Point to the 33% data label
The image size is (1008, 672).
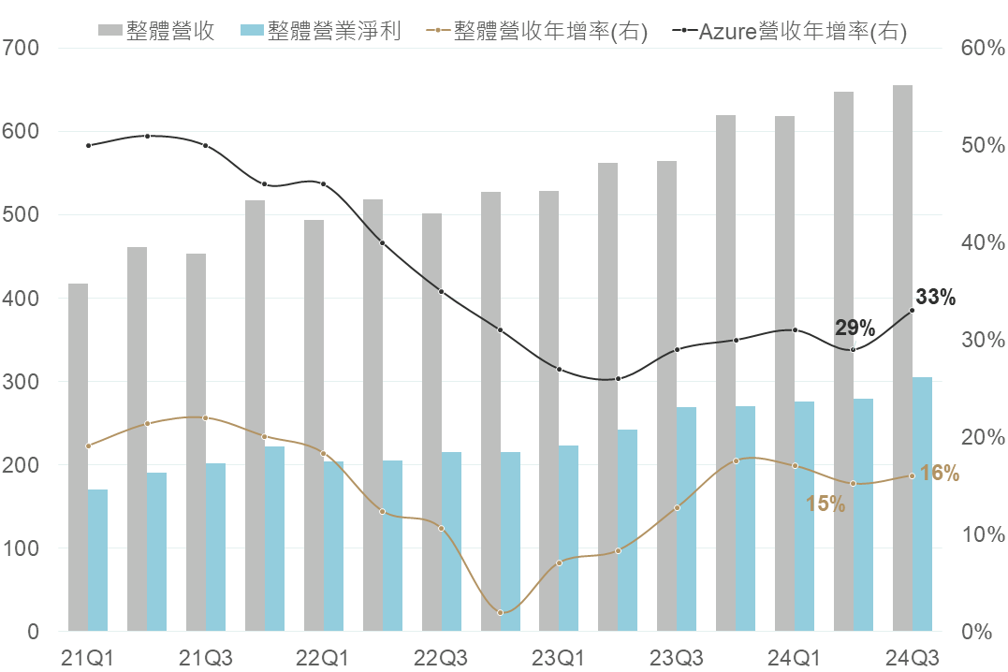tap(936, 298)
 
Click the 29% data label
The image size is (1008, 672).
tap(855, 328)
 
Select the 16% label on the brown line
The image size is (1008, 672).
tap(939, 474)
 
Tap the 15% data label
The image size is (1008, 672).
tap(825, 504)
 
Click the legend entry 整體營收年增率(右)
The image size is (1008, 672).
tap(549, 31)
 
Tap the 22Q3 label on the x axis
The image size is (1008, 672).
tap(441, 657)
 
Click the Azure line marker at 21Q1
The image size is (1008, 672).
tap(88, 145)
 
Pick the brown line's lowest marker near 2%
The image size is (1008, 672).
tap(500, 612)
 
